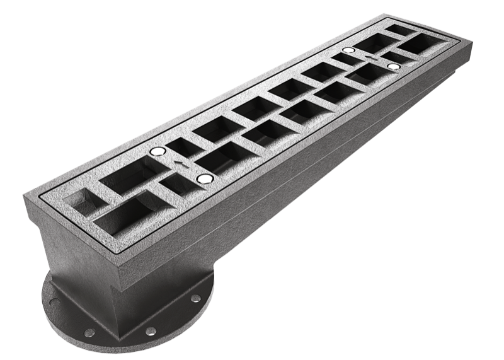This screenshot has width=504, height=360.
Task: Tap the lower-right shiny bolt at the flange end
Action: click(x=202, y=180)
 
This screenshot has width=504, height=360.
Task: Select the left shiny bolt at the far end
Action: click(x=348, y=50)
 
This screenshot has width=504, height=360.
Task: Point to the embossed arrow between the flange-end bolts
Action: click(x=181, y=164)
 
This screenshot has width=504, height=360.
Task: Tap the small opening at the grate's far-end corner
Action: click(x=399, y=29)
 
